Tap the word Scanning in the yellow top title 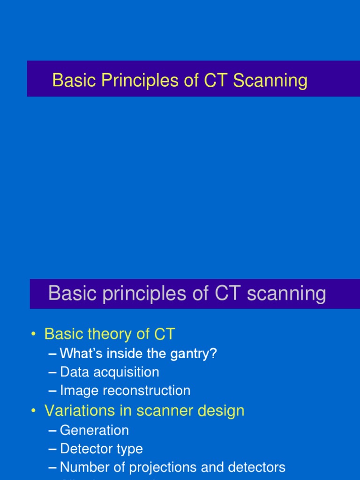tap(270, 81)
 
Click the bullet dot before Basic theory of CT tap(33, 334)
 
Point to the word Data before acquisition tap(75, 372)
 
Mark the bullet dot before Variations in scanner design tap(33, 411)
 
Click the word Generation tap(94, 430)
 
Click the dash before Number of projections tap(53, 467)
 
